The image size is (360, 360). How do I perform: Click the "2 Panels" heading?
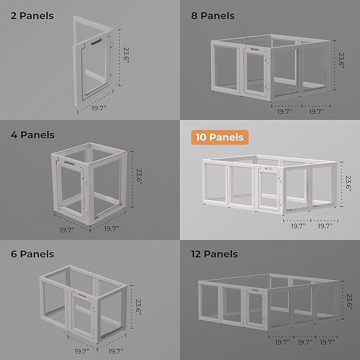pyautogui.click(x=32, y=16)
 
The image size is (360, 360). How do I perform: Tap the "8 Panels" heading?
pyautogui.click(x=213, y=16)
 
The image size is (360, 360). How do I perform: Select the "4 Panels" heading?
pyautogui.click(x=32, y=135)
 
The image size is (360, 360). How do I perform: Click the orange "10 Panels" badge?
pyautogui.click(x=219, y=137)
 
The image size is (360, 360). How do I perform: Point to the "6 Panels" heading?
pyautogui.click(x=32, y=254)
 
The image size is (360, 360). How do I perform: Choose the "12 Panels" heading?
pyautogui.click(x=214, y=254)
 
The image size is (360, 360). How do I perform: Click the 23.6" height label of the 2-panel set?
pyautogui.click(x=126, y=55)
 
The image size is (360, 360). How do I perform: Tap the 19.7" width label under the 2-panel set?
pyautogui.click(x=99, y=108)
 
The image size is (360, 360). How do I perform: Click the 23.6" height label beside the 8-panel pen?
pyautogui.click(x=341, y=60)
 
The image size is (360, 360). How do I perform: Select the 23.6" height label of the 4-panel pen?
pyautogui.click(x=139, y=177)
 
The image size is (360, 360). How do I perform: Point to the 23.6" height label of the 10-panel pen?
pyautogui.click(x=348, y=183)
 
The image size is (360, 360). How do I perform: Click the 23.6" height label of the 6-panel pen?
pyautogui.click(x=138, y=307)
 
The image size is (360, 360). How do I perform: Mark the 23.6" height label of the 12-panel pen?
pyautogui.click(x=349, y=302)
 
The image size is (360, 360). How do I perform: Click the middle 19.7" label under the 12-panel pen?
pyautogui.click(x=305, y=343)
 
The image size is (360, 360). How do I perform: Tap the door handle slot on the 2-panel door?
pyautogui.click(x=96, y=42)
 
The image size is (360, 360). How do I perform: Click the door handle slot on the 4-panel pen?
pyautogui.click(x=69, y=163)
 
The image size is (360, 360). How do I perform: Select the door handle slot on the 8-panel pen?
pyautogui.click(x=255, y=49)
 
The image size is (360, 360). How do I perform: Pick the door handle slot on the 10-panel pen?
pyautogui.click(x=269, y=169)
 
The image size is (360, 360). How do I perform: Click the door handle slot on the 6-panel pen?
pyautogui.click(x=82, y=296)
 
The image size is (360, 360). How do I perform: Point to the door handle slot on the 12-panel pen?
pyautogui.click(x=255, y=291)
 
